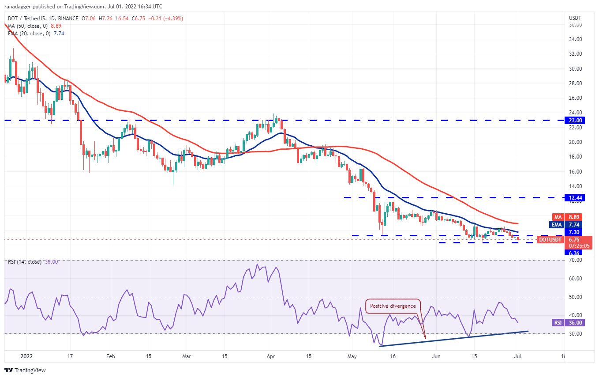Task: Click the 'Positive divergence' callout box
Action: tap(393, 306)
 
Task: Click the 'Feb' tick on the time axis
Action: tap(110, 356)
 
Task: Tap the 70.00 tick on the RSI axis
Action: tap(575, 260)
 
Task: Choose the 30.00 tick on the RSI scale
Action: tap(575, 334)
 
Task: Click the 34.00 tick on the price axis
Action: tap(575, 39)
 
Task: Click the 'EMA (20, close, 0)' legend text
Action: tap(30, 33)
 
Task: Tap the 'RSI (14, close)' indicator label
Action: tap(27, 262)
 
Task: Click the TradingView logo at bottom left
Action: tap(25, 370)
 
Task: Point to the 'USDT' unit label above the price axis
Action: tap(575, 18)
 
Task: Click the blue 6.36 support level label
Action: tap(575, 253)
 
